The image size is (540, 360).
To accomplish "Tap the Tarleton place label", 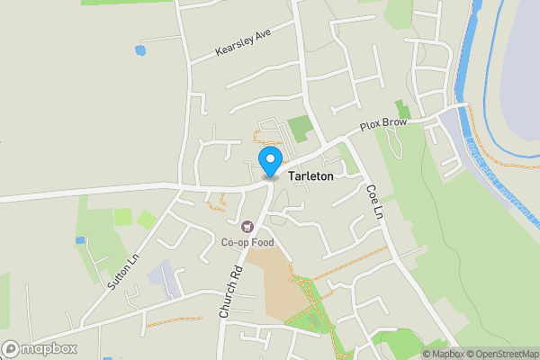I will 310,176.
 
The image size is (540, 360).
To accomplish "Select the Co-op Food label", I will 247,241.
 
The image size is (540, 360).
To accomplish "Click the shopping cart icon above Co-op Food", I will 247,227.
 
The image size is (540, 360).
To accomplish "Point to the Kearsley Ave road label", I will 243,42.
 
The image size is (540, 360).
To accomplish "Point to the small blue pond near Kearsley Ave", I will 139,50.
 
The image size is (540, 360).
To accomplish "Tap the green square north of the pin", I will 300,128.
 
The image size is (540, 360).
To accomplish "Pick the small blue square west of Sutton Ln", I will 80,241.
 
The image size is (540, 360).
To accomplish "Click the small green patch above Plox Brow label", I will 401,110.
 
